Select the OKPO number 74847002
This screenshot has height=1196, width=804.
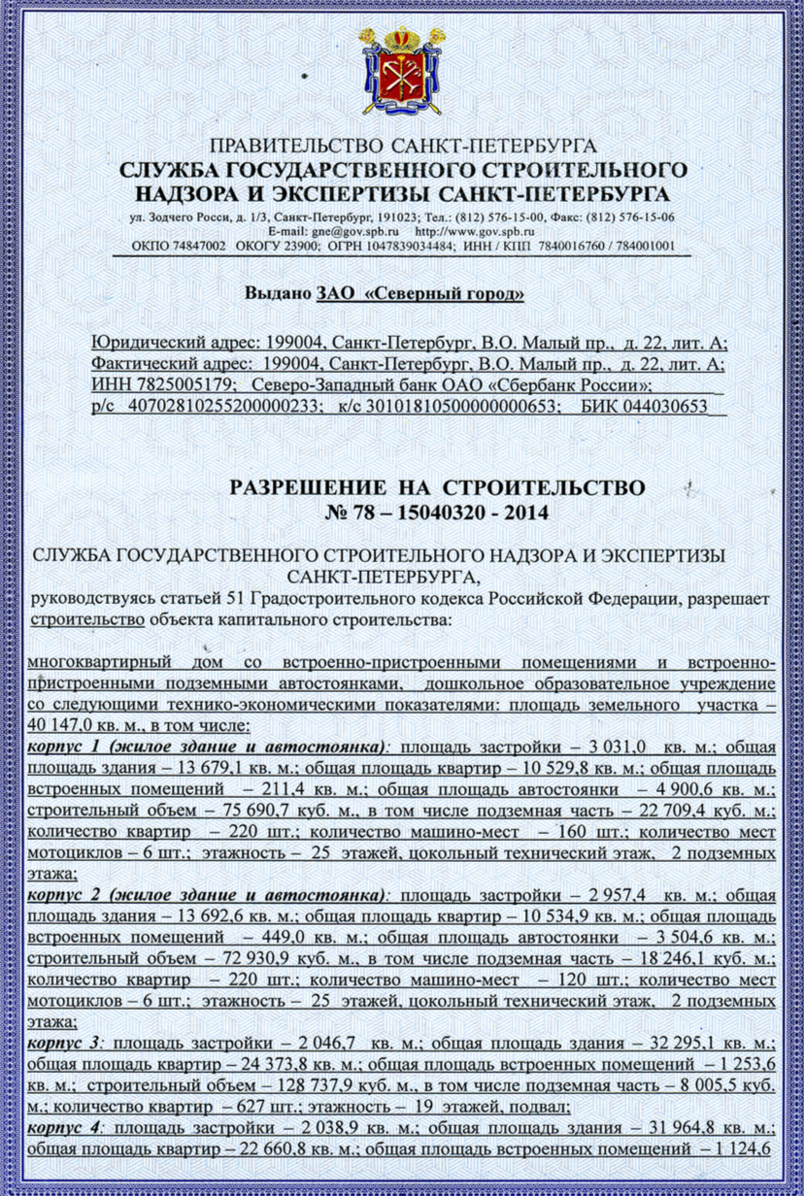click(x=195, y=247)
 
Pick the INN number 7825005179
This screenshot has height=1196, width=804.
click(x=174, y=385)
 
